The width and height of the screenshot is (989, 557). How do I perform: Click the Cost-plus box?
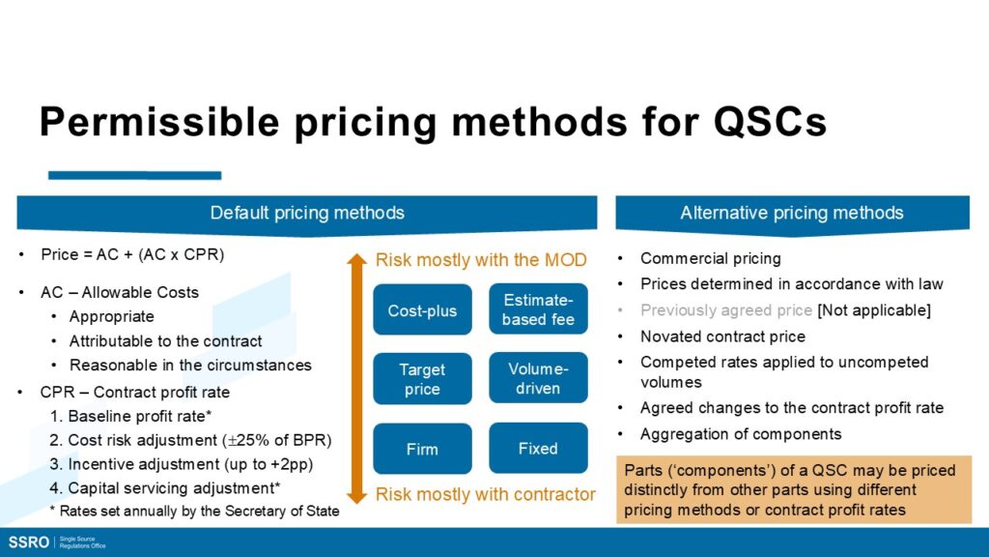click(x=422, y=309)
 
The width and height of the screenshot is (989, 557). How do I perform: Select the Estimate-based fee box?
click(x=538, y=308)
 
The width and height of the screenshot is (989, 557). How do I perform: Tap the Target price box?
click(x=422, y=379)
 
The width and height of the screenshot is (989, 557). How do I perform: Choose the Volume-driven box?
click(x=538, y=378)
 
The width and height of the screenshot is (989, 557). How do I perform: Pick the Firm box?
click(x=422, y=449)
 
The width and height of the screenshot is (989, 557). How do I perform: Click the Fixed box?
click(x=538, y=448)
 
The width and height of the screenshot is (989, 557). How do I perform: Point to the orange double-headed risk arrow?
click(x=357, y=378)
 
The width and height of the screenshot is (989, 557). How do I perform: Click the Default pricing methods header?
click(x=306, y=214)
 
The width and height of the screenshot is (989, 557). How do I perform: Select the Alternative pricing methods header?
click(x=792, y=214)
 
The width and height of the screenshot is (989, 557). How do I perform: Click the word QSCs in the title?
click(x=770, y=121)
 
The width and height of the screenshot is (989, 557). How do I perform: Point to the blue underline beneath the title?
click(x=134, y=175)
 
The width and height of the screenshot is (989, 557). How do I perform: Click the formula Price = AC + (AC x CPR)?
click(x=132, y=254)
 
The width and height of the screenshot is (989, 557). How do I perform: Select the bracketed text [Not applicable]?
click(x=873, y=310)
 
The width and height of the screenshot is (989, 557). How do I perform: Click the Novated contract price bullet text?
click(x=722, y=337)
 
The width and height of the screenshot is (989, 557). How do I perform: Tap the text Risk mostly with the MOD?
click(x=481, y=260)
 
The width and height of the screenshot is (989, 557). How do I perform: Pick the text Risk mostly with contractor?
click(x=485, y=494)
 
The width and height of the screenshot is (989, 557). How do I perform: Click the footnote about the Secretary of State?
click(x=194, y=511)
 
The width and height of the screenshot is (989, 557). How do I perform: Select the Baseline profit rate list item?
click(x=130, y=416)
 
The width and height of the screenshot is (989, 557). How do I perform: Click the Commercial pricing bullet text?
click(x=711, y=258)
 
